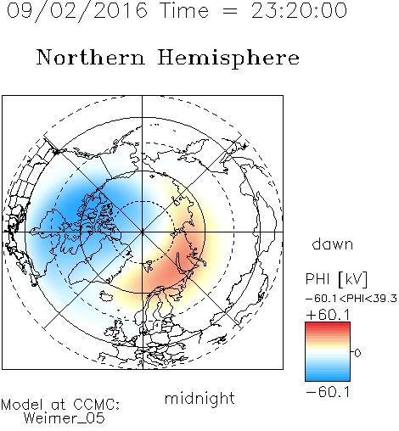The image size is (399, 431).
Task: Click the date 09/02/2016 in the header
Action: click(x=77, y=11)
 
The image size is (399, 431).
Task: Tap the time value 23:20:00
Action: click(x=299, y=10)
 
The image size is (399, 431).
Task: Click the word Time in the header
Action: click(x=184, y=10)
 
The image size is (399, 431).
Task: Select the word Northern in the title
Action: click(x=90, y=57)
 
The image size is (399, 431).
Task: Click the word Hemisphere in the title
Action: click(x=228, y=59)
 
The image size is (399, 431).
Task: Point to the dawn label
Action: click(x=333, y=243)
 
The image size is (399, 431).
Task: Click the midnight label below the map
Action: click(x=199, y=398)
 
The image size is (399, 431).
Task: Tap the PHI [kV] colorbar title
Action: click(x=337, y=279)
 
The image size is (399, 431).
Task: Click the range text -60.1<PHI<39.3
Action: click(x=351, y=299)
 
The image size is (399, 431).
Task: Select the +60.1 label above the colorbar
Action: click(x=328, y=315)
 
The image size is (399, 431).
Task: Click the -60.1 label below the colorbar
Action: click(x=328, y=392)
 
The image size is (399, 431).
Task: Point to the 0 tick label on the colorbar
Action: click(x=357, y=353)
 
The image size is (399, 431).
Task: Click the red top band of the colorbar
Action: click(x=328, y=325)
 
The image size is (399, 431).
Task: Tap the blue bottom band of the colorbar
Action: click(x=328, y=378)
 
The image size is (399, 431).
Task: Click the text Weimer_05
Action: click(x=65, y=418)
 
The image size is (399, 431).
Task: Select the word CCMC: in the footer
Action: click(x=97, y=405)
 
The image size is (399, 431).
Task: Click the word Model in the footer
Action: click(x=22, y=405)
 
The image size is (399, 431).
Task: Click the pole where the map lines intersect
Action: click(x=143, y=232)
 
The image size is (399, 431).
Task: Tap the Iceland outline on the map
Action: click(x=106, y=296)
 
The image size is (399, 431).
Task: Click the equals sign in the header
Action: click(x=229, y=12)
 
